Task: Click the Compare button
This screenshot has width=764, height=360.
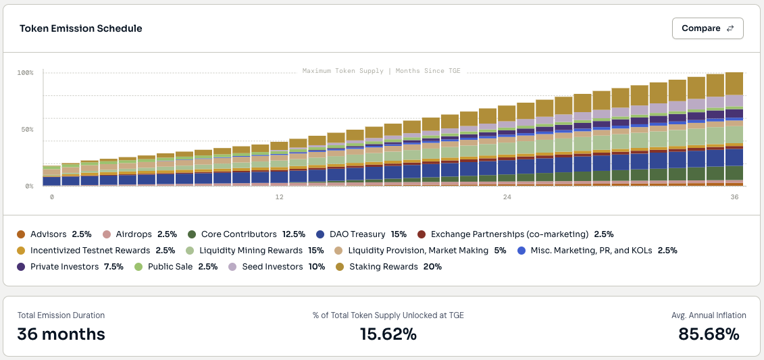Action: [707, 28]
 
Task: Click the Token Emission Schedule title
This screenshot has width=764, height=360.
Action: [80, 28]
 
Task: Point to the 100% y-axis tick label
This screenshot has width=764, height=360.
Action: [26, 72]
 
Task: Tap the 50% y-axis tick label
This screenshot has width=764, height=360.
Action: [26, 129]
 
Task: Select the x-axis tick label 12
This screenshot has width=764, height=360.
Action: [279, 197]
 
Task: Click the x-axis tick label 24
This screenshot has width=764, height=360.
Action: [507, 197]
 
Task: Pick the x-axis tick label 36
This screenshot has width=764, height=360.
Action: [734, 197]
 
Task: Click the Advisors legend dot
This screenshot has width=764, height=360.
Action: [21, 234]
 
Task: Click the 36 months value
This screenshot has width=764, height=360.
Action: [61, 334]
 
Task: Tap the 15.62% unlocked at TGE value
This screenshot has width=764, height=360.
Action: [388, 334]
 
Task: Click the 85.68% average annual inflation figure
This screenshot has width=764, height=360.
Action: [709, 334]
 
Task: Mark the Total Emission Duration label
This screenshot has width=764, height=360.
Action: [61, 315]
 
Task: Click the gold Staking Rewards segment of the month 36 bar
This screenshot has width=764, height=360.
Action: [734, 83]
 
